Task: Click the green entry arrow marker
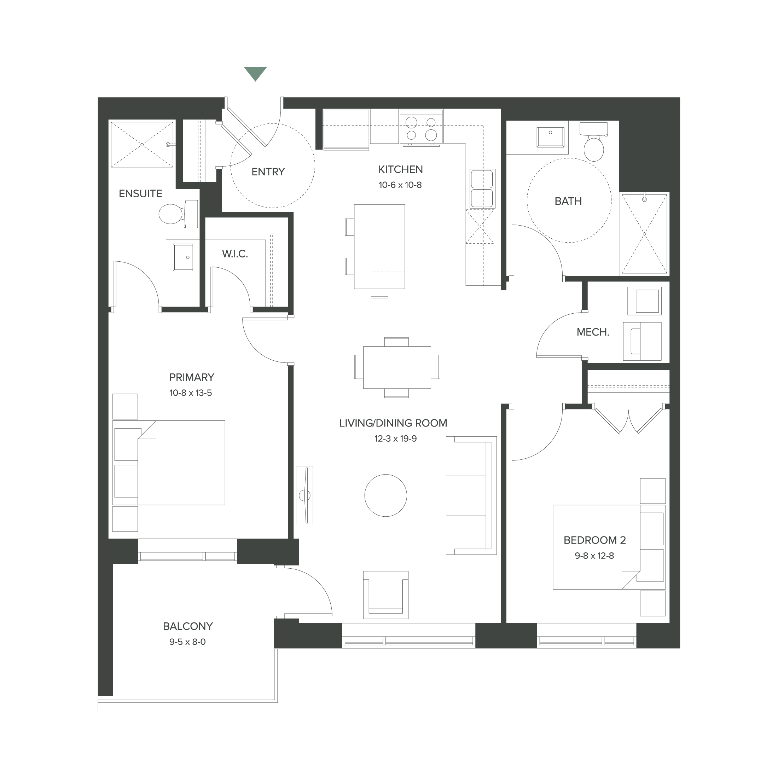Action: click(255, 73)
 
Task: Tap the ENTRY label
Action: click(268, 172)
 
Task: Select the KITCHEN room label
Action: click(400, 169)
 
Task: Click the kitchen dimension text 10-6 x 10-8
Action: click(400, 185)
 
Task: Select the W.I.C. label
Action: click(235, 254)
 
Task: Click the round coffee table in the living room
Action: click(385, 495)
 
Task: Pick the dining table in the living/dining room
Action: click(397, 367)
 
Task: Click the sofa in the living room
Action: click(470, 495)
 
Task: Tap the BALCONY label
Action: click(188, 626)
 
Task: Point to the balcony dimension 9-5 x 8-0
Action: click(188, 642)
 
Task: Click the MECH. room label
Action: click(593, 332)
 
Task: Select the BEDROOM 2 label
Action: click(594, 540)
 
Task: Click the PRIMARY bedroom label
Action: click(191, 377)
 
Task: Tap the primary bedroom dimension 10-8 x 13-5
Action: click(191, 393)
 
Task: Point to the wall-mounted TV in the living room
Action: click(304, 495)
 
